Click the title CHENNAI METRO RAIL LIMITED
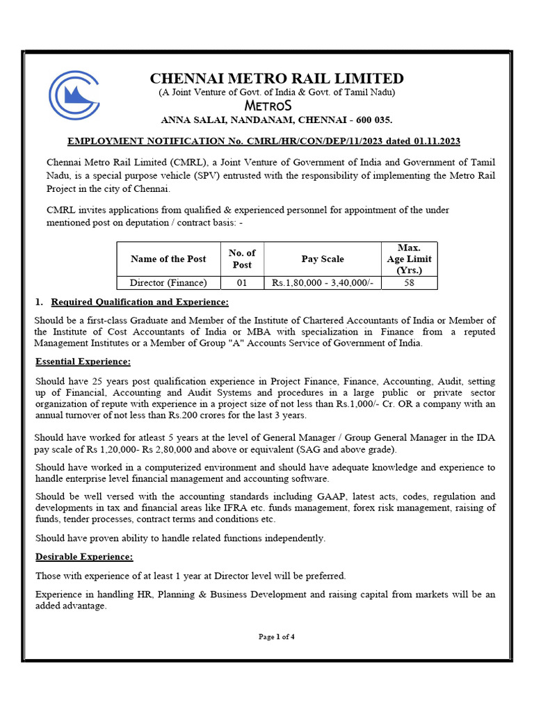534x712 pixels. pyautogui.click(x=277, y=78)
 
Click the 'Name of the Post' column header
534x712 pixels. pyautogui.click(x=168, y=259)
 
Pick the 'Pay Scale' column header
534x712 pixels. pyautogui.click(x=323, y=259)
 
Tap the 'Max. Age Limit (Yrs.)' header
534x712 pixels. pyautogui.click(x=410, y=259)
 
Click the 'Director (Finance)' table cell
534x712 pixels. pyautogui.click(x=168, y=283)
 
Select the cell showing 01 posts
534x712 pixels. pyautogui.click(x=242, y=283)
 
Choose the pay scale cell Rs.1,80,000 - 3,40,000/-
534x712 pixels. pyautogui.click(x=323, y=283)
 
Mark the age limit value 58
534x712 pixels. pyautogui.click(x=410, y=283)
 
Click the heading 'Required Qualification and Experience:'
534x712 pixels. pyautogui.click(x=140, y=302)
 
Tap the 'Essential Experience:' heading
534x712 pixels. pyautogui.click(x=83, y=362)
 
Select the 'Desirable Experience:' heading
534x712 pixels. pyautogui.click(x=84, y=557)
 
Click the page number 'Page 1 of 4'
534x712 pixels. pyautogui.click(x=277, y=636)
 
